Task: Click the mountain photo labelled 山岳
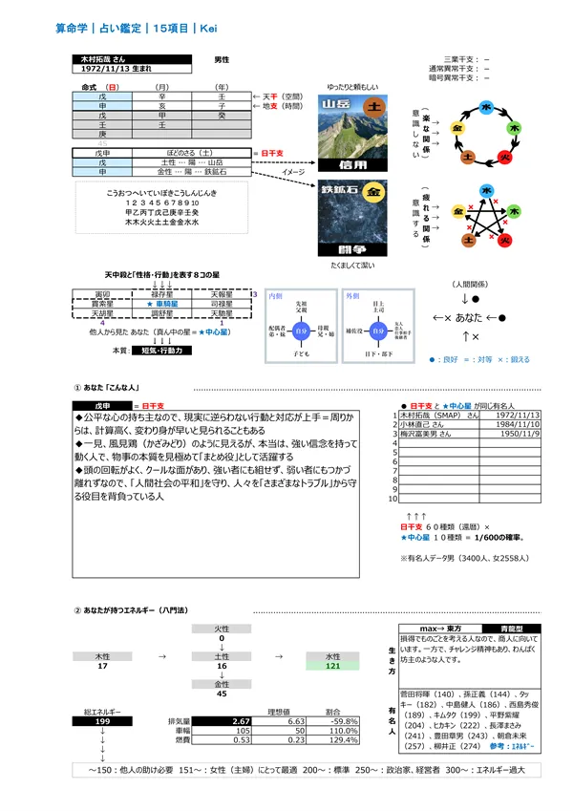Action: (x=356, y=129)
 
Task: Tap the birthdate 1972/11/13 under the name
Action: (x=110, y=71)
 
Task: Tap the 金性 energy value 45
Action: (x=222, y=694)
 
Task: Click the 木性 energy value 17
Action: (x=102, y=665)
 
